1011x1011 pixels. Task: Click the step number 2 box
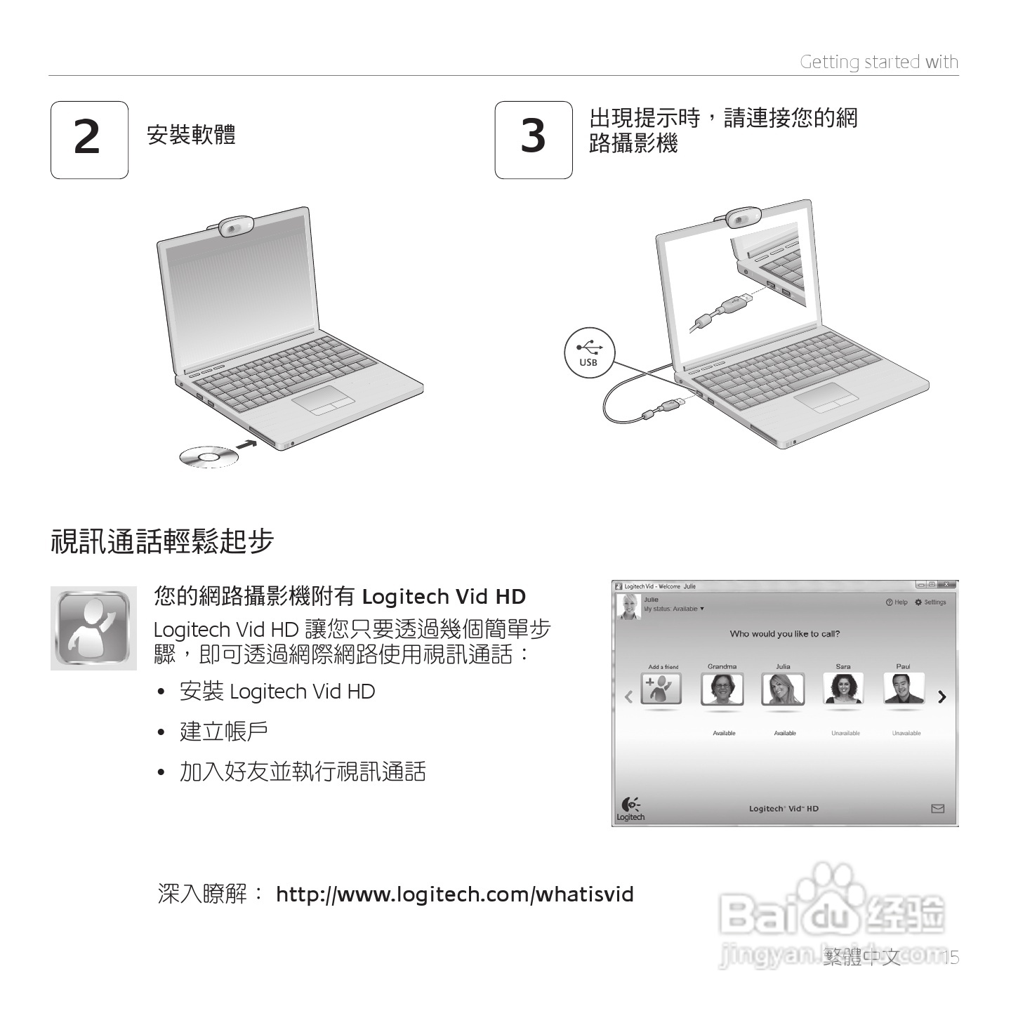(89, 140)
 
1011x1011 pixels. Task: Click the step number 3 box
(533, 140)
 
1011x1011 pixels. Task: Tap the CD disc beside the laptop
(209, 457)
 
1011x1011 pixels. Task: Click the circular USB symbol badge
(589, 352)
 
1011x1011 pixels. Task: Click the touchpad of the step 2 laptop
(323, 400)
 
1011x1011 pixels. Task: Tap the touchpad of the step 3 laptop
(826, 397)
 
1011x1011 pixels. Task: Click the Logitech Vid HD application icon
(93, 628)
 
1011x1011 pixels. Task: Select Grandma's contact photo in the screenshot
(722, 689)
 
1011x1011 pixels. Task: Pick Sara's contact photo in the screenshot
(842, 689)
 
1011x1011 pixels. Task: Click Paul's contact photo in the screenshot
(903, 689)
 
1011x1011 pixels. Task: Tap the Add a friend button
(661, 689)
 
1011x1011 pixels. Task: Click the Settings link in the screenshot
(930, 602)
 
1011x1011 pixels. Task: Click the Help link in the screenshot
(897, 602)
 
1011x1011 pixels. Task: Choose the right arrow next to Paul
(941, 696)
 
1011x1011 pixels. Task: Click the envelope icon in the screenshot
(937, 809)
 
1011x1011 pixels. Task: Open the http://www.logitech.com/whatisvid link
(454, 894)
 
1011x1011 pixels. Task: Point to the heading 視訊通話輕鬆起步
(162, 541)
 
